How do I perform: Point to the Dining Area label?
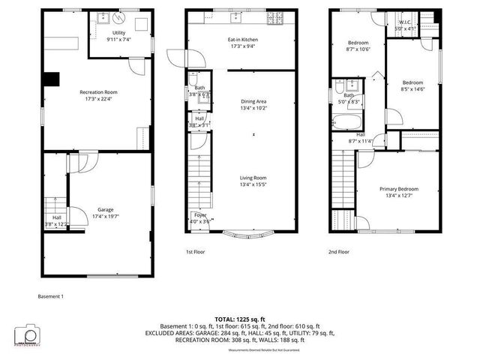point(253,101)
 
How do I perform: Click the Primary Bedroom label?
point(398,189)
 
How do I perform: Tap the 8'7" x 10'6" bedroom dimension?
point(358,49)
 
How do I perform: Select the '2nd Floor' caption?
point(338,252)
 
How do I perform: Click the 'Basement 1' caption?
point(51,296)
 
